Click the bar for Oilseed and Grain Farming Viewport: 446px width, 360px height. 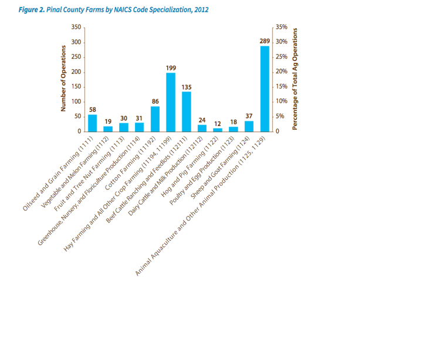(93, 123)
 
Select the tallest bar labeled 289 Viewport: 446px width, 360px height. (265, 89)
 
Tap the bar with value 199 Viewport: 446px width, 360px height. (171, 102)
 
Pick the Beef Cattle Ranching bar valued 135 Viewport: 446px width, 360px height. (187, 111)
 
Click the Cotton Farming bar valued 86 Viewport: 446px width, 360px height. (155, 119)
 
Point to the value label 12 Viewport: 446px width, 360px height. (218, 124)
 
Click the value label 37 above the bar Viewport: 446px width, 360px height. (249, 116)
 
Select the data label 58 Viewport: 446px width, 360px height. (93, 110)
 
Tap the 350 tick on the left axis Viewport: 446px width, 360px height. (76, 28)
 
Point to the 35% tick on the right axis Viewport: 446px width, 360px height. (281, 28)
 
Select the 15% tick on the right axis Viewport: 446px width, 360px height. (281, 87)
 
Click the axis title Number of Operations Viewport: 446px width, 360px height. (63, 79)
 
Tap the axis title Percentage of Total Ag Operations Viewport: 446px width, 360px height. (295, 79)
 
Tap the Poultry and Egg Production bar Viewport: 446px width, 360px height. (234, 129)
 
